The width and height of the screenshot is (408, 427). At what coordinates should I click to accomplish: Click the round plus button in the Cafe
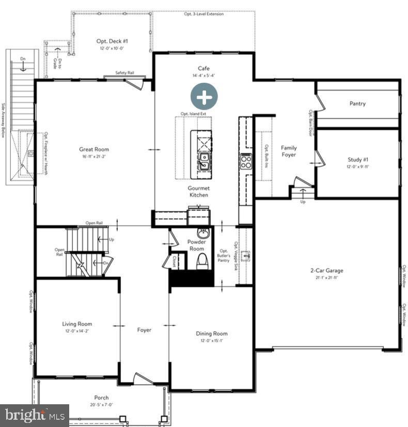[x=204, y=96]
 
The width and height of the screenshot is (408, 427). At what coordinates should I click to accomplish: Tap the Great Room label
[x=94, y=149]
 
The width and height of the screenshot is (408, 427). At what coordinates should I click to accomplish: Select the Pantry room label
[x=357, y=103]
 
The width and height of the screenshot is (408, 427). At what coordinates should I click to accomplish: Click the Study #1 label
[x=357, y=160]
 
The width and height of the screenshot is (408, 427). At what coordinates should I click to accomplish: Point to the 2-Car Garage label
[x=326, y=270]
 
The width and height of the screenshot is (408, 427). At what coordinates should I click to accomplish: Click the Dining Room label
[x=211, y=333]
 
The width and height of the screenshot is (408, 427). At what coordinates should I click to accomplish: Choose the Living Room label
[x=77, y=324]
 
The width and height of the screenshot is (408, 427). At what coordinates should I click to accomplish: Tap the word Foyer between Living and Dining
[x=144, y=330]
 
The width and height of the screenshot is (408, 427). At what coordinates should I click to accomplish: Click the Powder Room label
[x=197, y=245]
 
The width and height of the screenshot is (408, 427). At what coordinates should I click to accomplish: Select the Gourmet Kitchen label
[x=198, y=192]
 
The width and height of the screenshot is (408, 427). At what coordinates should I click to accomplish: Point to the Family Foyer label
[x=289, y=151]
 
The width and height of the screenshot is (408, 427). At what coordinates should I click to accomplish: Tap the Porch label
[x=101, y=398]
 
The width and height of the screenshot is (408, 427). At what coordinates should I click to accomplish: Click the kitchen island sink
[x=205, y=159]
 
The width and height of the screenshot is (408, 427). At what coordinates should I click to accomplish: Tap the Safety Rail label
[x=124, y=73]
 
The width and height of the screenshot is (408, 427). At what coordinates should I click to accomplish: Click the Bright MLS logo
[x=34, y=415]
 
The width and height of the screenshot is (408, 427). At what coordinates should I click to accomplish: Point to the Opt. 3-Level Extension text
[x=204, y=14]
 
